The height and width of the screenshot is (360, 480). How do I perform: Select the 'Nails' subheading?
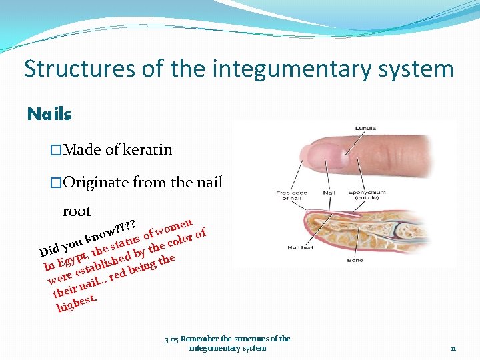(49, 115)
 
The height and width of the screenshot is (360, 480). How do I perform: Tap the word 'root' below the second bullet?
(77, 211)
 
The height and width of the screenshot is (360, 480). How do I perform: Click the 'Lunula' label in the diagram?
(365, 128)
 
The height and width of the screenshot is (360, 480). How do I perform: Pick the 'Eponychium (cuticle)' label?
(366, 195)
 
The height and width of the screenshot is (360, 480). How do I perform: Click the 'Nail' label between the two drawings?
(329, 193)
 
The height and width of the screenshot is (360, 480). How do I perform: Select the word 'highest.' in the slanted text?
(77, 303)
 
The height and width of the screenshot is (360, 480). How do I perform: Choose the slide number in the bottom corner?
(453, 348)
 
